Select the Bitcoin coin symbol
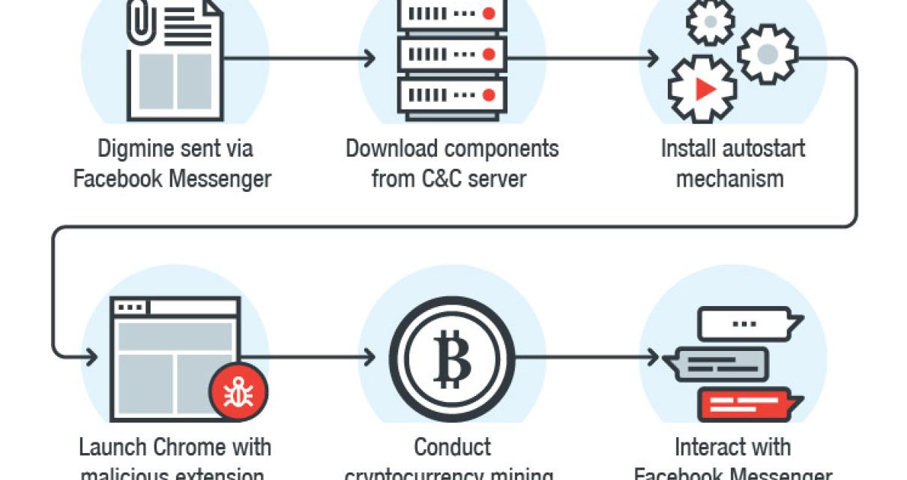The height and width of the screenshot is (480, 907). coord(452,358)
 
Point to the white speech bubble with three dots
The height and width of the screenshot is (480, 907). coord(745,323)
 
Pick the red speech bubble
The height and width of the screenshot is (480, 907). coord(745,405)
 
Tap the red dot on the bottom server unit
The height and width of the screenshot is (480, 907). coord(488,94)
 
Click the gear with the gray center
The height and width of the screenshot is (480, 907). coord(767,54)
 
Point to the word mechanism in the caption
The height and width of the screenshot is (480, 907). coord(730,179)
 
